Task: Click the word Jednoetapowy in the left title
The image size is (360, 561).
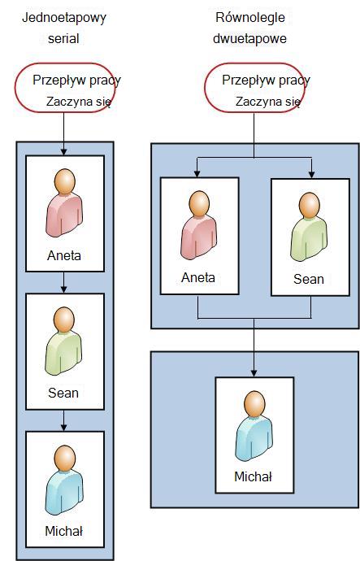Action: [x=64, y=18]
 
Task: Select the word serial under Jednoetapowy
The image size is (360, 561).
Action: [x=63, y=39]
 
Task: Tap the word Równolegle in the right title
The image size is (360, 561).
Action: [x=250, y=18]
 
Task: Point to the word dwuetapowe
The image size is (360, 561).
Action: [x=250, y=39]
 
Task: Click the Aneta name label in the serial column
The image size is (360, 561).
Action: [x=64, y=256]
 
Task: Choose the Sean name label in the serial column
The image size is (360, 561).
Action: [x=63, y=393]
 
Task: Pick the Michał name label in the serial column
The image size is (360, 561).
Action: [x=64, y=531]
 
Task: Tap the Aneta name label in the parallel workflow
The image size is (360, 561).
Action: [x=198, y=277]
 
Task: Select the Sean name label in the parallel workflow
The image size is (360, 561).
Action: [x=309, y=279]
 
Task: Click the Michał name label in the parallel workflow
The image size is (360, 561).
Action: [x=253, y=476]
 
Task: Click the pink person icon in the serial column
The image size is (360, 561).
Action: [x=64, y=203]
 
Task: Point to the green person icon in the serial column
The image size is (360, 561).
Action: [x=63, y=341]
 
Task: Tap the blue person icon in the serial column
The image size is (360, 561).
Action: [x=64, y=480]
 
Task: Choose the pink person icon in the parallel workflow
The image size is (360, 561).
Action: [x=199, y=225]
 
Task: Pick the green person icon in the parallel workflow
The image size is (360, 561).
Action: [x=309, y=227]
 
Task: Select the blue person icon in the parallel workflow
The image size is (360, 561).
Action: [x=254, y=426]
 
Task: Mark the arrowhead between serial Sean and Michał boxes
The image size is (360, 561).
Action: [x=63, y=427]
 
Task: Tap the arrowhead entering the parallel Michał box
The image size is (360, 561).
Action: [x=254, y=373]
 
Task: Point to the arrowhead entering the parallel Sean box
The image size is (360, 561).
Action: [x=311, y=174]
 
